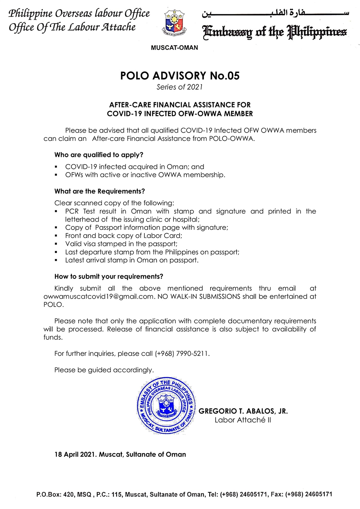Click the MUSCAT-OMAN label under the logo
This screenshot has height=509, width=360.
[x=175, y=48]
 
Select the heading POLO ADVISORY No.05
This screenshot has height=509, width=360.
[x=180, y=76]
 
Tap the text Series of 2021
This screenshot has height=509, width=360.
[x=180, y=87]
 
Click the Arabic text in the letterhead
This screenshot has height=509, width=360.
[x=275, y=13]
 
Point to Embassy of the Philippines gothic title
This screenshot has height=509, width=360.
[x=275, y=32]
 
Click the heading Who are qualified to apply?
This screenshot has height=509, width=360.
[x=99, y=155]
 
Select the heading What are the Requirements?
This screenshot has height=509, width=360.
[x=99, y=191]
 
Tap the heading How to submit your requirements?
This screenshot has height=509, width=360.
[x=109, y=277]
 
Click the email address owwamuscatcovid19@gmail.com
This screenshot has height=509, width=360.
[x=99, y=296]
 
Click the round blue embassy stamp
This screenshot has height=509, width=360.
[x=166, y=406]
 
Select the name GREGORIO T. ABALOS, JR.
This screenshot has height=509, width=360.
[x=243, y=411]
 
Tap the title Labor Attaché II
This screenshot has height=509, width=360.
[x=243, y=420]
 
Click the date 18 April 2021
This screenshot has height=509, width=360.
[x=75, y=455]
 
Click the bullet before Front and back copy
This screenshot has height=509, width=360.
[x=56, y=236]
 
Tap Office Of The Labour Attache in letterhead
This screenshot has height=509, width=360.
[x=72, y=27]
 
